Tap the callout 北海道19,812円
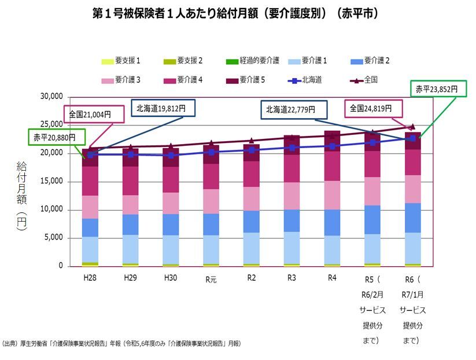click(163, 107)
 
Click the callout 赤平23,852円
click(438, 89)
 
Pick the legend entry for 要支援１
click(121, 60)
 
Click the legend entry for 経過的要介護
click(255, 60)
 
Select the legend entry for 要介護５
click(246, 80)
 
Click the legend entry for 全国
click(365, 80)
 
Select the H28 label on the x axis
click(90, 277)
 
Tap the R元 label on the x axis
click(212, 278)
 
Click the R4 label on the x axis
click(332, 277)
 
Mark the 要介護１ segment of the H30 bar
click(171, 249)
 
